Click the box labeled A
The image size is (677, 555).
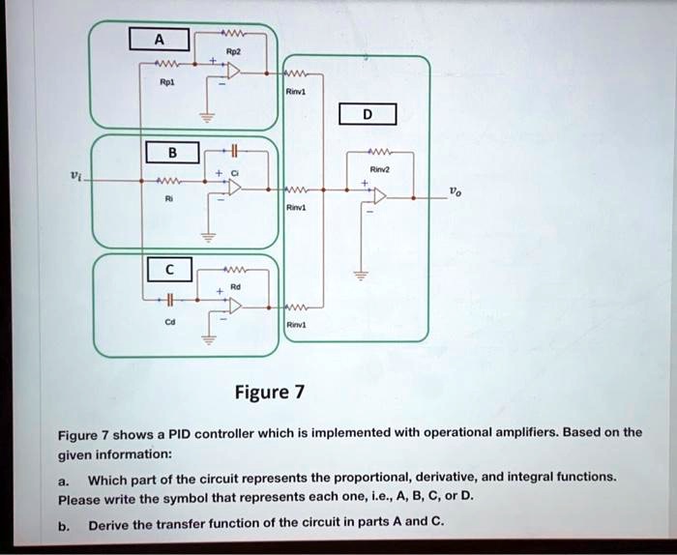pos(159,40)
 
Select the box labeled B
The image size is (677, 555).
pos(172,151)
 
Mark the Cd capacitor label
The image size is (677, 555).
pos(170,326)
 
